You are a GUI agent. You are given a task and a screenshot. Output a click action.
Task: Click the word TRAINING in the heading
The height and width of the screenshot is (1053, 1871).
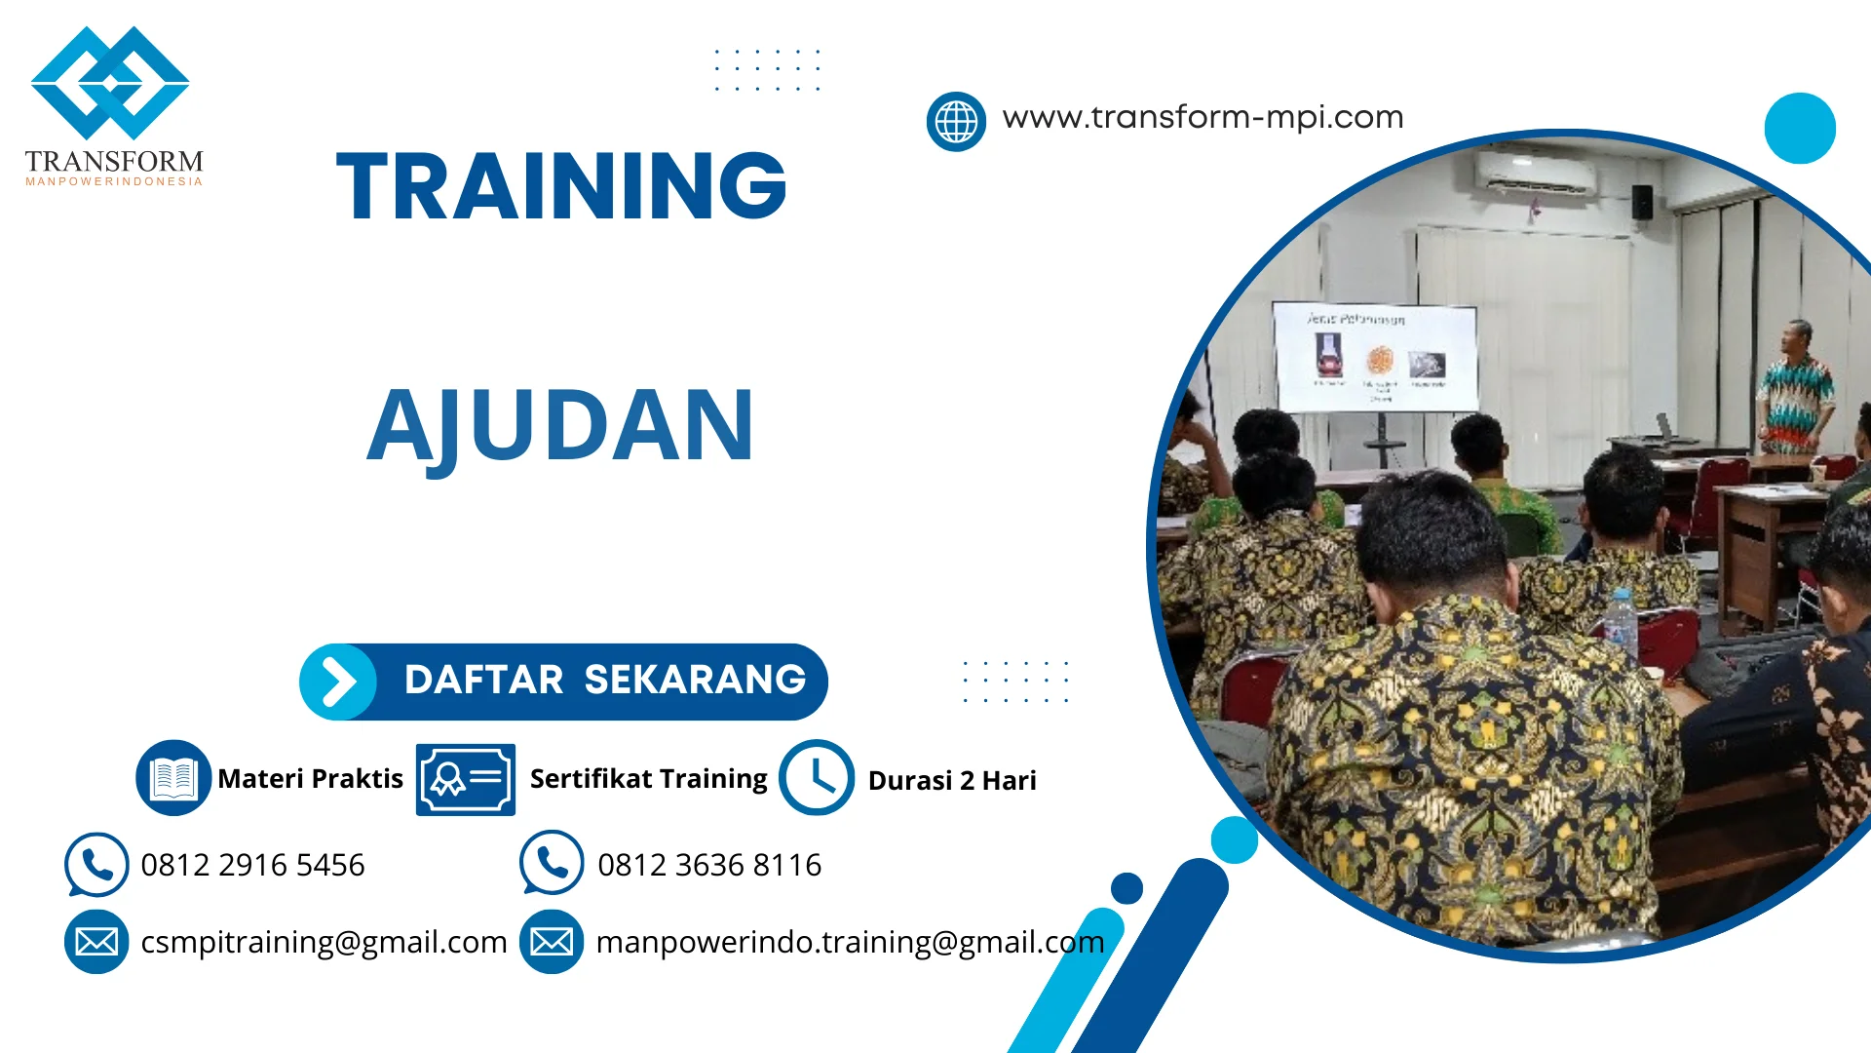561,186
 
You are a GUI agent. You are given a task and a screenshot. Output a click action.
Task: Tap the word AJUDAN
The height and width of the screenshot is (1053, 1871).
560,426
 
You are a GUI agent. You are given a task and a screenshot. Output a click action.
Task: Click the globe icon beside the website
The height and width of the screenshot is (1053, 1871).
956,122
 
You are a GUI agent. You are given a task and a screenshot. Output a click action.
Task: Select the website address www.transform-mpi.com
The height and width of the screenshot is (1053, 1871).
1203,117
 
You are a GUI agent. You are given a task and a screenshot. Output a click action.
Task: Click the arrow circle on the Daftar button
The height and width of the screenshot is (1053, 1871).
338,682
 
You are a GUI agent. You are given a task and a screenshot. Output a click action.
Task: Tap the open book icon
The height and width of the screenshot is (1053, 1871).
173,778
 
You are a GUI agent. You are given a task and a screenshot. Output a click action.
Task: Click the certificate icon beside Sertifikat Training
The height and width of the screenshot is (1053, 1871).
466,779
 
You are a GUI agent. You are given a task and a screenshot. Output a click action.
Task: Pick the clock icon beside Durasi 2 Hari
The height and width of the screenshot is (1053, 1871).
817,778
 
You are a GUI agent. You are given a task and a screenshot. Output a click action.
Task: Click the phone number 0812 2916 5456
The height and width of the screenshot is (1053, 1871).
252,865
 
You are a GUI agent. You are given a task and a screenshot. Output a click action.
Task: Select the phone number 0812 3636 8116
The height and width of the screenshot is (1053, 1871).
709,865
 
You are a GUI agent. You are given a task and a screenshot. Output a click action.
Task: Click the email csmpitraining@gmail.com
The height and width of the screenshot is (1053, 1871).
324,942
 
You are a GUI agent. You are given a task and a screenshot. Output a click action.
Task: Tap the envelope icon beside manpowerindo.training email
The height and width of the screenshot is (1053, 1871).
552,942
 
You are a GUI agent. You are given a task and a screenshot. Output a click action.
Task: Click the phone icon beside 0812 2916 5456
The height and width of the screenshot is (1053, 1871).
96,864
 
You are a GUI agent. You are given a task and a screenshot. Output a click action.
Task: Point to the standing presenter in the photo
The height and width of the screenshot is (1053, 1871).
1794,390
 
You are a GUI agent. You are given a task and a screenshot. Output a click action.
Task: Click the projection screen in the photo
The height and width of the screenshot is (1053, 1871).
1375,357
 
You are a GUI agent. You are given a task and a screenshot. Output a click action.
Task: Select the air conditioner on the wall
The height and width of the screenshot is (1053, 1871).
1537,175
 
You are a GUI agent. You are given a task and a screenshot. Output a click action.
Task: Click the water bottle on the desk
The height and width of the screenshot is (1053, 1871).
1621,620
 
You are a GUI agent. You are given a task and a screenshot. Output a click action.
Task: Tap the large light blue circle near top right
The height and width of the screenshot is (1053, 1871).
1800,128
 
